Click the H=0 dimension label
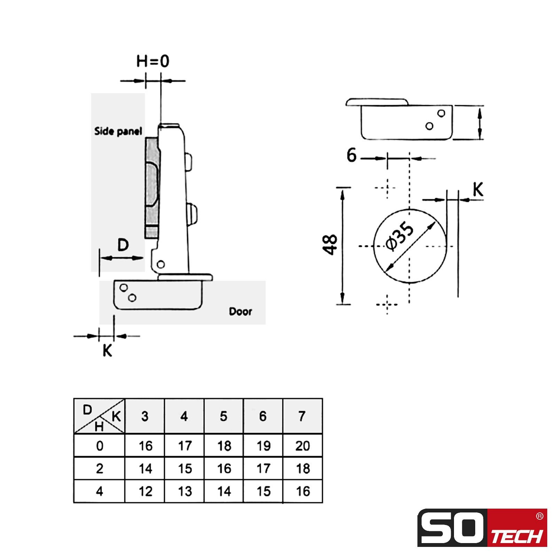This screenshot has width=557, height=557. click(152, 61)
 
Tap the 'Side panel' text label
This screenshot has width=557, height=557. click(118, 131)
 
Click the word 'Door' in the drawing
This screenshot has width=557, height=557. click(240, 311)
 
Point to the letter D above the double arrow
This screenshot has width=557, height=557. click(123, 245)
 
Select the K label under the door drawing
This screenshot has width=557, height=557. click(107, 351)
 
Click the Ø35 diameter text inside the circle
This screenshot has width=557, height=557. click(401, 236)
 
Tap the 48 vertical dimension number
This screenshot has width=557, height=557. click(330, 245)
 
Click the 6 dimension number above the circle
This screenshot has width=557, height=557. click(352, 155)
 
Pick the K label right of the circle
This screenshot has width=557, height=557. click(478, 190)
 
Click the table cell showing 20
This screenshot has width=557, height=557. click(302, 446)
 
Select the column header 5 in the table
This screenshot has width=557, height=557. click(223, 416)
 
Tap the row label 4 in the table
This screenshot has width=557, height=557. click(100, 491)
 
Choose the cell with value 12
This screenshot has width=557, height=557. click(145, 491)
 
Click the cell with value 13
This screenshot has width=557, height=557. click(185, 491)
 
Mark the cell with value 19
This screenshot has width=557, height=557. click(263, 446)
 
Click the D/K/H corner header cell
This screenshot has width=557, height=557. click(99, 416)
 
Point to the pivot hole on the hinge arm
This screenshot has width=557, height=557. click(160, 264)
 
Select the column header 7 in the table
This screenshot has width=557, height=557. click(302, 416)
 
